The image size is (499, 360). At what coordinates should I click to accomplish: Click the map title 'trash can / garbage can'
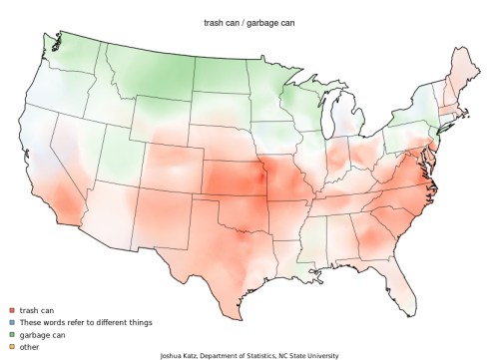coord(249,21)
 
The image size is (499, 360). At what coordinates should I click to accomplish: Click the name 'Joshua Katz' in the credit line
coord(180,355)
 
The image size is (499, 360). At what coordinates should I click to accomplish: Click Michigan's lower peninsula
coord(344,125)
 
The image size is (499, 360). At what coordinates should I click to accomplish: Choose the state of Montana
coord(150,75)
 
